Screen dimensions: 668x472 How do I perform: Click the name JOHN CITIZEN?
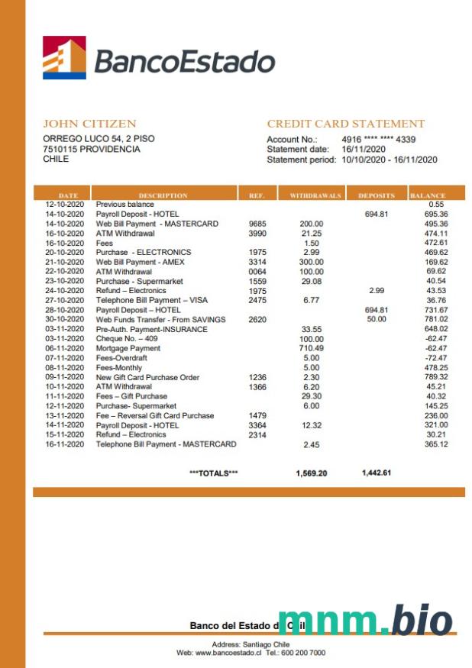pos(89,124)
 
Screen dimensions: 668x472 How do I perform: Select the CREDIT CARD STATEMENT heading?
pos(345,124)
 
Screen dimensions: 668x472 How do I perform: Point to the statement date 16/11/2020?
pos(364,150)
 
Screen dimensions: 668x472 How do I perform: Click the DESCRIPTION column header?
pos(163,196)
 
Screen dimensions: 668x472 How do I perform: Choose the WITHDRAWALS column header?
pos(315,196)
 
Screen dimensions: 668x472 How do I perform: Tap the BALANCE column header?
pos(427,196)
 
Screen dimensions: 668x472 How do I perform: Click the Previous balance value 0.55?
pos(437,205)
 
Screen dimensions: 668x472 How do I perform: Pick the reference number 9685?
pos(257,224)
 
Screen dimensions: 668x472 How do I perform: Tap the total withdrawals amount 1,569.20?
pos(311,473)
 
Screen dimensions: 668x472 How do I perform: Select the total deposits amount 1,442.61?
pos(377,473)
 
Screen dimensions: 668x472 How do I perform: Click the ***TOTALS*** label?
pos(213,473)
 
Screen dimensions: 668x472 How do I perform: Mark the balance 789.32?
pos(437,377)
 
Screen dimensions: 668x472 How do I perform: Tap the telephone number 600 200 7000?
pos(306,653)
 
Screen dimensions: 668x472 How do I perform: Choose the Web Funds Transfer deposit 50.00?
pos(377,319)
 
